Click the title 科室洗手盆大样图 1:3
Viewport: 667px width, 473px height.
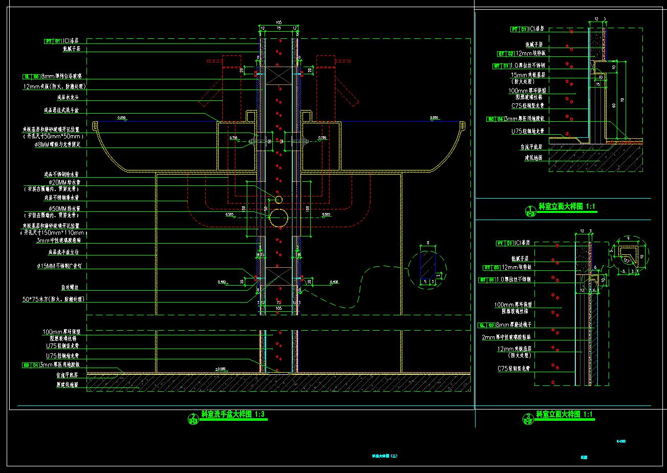coord(233,414)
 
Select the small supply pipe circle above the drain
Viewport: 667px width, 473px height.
coord(279,199)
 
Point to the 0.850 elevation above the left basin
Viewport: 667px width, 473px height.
coord(122,118)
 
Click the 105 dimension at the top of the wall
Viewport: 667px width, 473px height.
coord(278,23)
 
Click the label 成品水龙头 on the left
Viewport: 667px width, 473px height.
coord(68,96)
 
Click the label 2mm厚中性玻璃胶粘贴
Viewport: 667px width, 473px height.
coord(509,337)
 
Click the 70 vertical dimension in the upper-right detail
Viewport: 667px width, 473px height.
coord(622,100)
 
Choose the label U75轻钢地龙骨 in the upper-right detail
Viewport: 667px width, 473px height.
coord(527,131)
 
